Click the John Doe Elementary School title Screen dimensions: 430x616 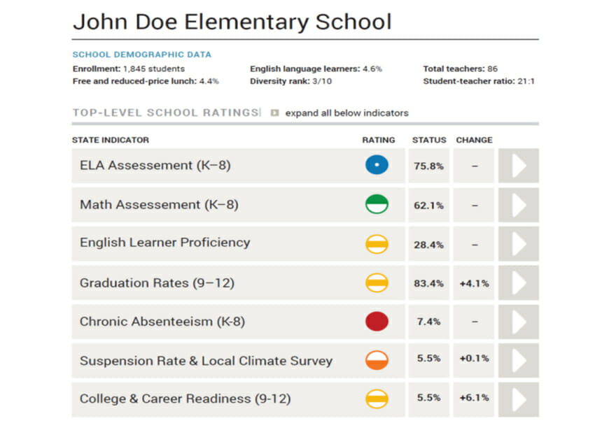(x=232, y=22)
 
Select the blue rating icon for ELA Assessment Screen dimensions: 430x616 (x=377, y=166)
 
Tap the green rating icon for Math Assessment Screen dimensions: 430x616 (x=377, y=205)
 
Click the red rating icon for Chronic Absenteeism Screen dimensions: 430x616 (x=377, y=322)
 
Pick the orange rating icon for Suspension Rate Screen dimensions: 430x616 (x=377, y=361)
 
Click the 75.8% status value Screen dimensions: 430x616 (x=428, y=166)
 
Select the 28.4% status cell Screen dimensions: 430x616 (x=428, y=244)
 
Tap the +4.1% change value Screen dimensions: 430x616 (x=474, y=283)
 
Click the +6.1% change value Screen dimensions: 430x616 (x=474, y=398)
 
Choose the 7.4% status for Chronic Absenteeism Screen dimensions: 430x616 (x=428, y=322)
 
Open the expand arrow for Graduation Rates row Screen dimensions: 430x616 (x=519, y=283)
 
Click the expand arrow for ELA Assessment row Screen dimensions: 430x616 (x=519, y=166)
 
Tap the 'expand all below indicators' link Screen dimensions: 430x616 (x=346, y=113)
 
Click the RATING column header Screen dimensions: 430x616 (x=378, y=140)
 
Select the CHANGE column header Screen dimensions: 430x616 (x=474, y=140)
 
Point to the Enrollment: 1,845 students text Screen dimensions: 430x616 (x=129, y=69)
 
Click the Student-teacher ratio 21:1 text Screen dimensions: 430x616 (x=479, y=81)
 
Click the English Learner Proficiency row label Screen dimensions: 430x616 (x=164, y=243)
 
